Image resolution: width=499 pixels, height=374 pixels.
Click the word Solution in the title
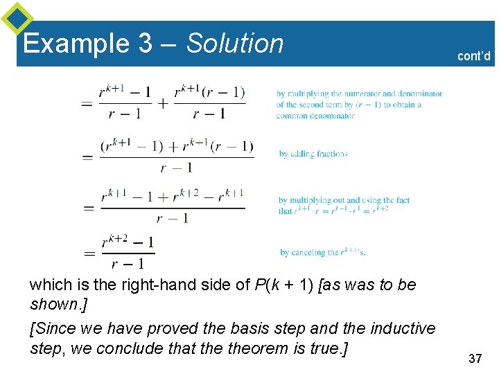pyautogui.click(x=235, y=44)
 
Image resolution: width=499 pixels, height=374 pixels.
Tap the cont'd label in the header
pyautogui.click(x=473, y=56)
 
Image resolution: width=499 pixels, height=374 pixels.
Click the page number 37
pyautogui.click(x=475, y=358)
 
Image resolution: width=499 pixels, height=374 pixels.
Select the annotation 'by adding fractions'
pyautogui.click(x=313, y=154)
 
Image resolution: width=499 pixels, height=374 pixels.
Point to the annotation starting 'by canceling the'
pyautogui.click(x=322, y=253)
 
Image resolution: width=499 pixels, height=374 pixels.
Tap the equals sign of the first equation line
pyautogui.click(x=87, y=103)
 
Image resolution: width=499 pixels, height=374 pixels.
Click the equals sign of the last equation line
pyautogui.click(x=89, y=253)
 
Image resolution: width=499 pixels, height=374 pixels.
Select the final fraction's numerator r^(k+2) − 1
pyautogui.click(x=128, y=242)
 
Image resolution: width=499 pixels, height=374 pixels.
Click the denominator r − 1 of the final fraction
pyautogui.click(x=128, y=263)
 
